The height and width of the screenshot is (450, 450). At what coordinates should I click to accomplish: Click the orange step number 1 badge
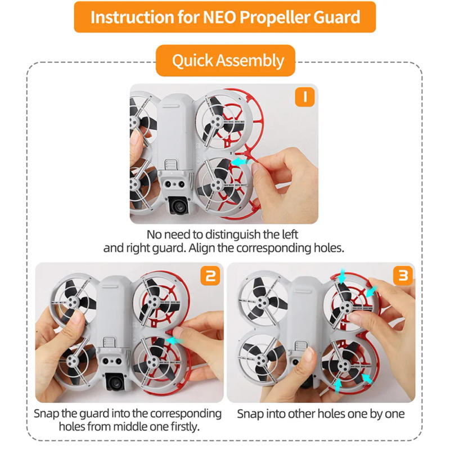click(304, 97)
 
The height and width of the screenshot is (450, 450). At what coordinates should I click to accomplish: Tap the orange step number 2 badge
click(209, 276)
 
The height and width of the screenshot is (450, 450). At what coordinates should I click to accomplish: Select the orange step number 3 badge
click(403, 276)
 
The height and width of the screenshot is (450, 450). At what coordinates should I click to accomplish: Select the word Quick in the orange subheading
click(191, 60)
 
